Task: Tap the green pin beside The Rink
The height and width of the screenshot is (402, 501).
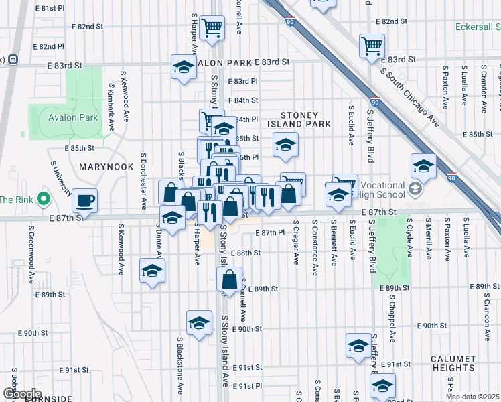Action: pyautogui.click(x=44, y=199)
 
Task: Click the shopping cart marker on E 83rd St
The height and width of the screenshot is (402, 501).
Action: pyautogui.click(x=372, y=46)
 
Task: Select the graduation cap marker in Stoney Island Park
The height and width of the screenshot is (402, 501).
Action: pyautogui.click(x=285, y=145)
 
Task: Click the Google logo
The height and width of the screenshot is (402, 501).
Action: pyautogui.click(x=22, y=394)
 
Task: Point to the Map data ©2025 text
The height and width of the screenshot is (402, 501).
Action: pyautogui.click(x=473, y=397)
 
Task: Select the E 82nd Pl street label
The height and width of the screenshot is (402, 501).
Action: pyautogui.click(x=51, y=47)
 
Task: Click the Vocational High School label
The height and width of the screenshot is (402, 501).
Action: pyautogui.click(x=382, y=190)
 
